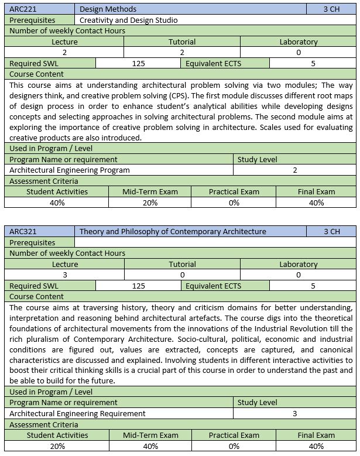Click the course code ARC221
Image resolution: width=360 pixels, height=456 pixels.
(22, 9)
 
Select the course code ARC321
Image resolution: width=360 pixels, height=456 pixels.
(22, 231)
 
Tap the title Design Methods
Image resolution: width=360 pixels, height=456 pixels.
(108, 9)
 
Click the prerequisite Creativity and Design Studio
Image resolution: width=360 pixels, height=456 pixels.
(128, 20)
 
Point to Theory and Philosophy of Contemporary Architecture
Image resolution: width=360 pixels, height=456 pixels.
(173, 231)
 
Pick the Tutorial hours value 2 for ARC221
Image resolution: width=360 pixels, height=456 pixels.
(182, 52)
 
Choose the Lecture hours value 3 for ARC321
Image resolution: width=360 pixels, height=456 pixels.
(64, 275)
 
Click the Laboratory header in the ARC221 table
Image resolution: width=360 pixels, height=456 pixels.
(299, 42)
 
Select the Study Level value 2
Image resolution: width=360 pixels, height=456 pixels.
(295, 170)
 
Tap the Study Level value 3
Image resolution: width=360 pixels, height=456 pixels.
(295, 413)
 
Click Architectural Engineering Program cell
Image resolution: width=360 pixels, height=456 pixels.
(70, 170)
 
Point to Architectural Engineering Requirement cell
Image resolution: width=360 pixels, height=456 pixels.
(77, 413)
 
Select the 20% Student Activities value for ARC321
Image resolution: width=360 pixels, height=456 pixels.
(57, 446)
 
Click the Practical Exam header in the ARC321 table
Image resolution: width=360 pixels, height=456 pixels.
(234, 435)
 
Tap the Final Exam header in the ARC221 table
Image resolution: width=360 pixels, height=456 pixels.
(316, 191)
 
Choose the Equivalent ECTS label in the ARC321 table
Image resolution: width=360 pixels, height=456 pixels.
(213, 286)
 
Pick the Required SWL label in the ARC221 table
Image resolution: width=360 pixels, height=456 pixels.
(34, 63)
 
